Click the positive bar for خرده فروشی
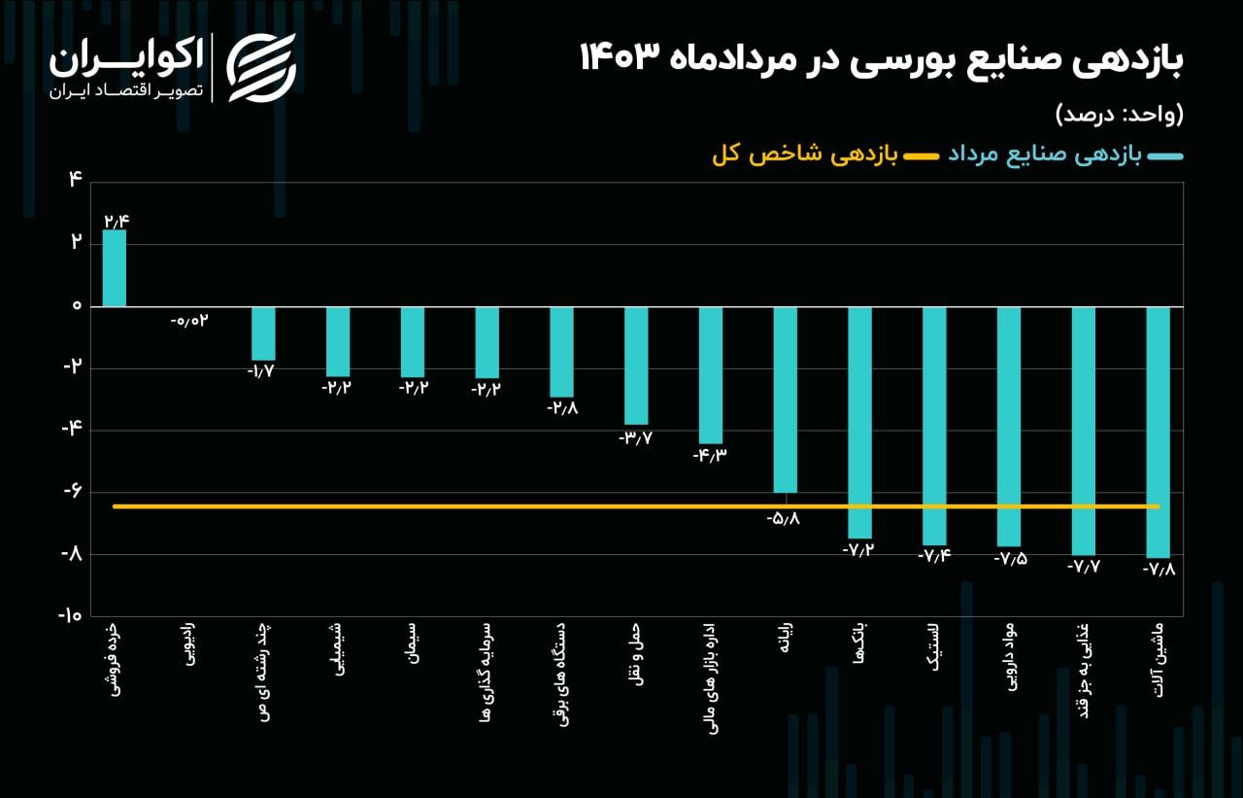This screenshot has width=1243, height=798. coord(115,268)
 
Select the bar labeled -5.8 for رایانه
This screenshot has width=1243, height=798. coord(785,399)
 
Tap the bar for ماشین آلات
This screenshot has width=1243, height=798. coord(1158,432)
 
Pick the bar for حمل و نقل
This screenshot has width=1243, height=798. coord(636,365)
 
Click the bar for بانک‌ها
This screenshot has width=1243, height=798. coord(859,422)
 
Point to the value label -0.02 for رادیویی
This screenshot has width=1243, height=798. coord(189,321)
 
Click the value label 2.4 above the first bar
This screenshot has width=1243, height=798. coord(116,221)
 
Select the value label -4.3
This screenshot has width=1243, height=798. coord(710,455)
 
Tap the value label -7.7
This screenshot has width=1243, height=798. coord(1083,566)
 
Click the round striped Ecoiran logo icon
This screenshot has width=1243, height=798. coord(261,67)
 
